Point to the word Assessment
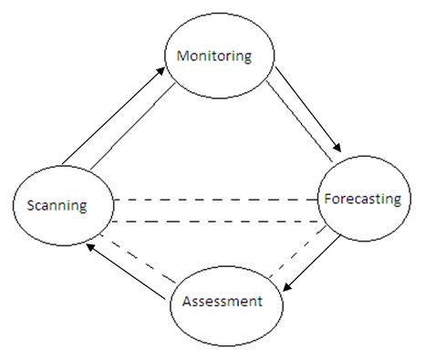tap(223, 301)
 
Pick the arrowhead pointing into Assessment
tap(285, 289)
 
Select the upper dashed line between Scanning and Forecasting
tap(215, 199)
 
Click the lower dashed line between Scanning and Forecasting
tap(215, 221)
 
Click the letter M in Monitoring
tap(181, 56)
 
